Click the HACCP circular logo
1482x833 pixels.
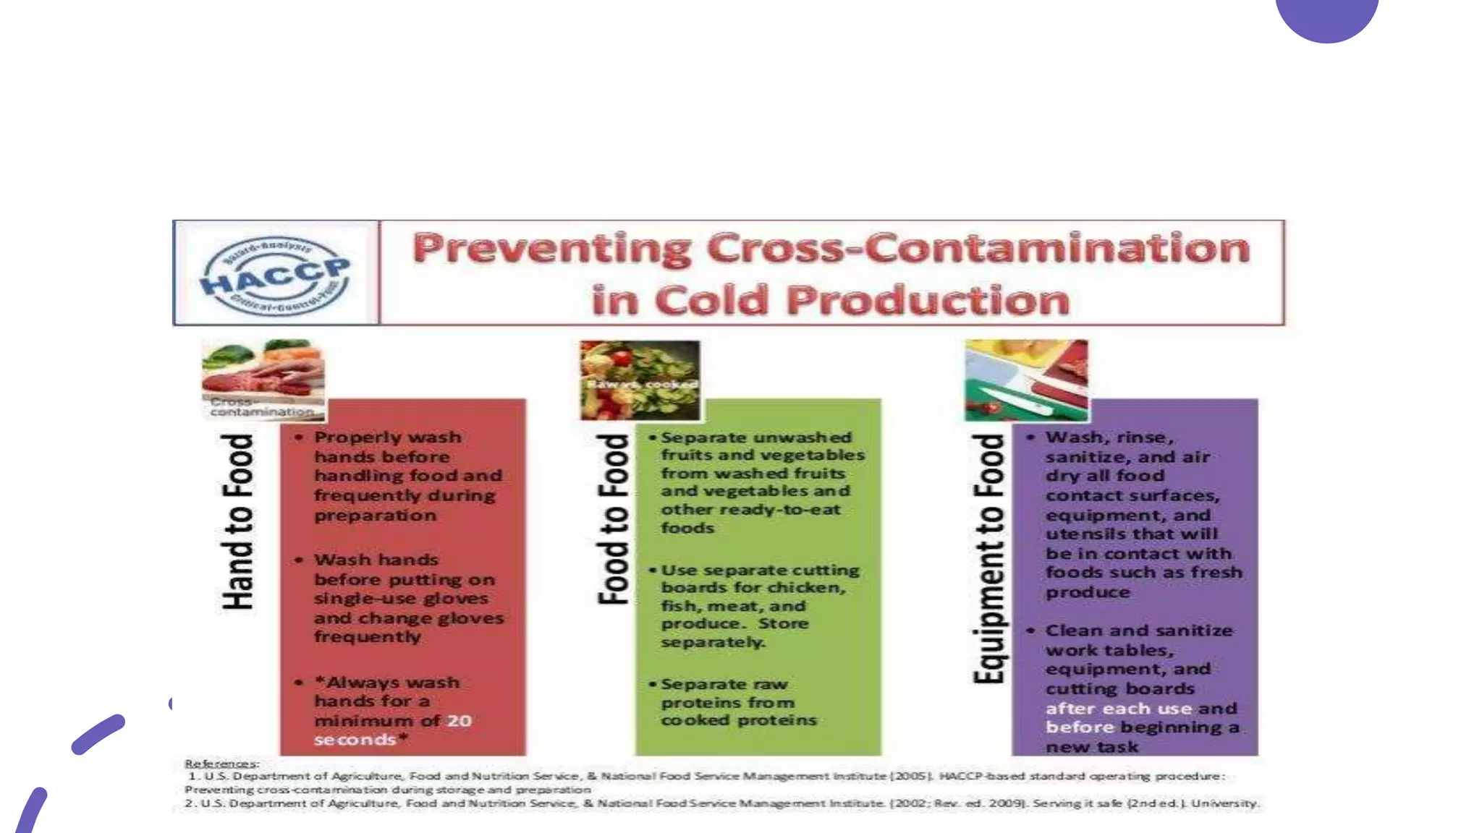[276, 275]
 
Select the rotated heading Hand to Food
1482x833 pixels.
[238, 521]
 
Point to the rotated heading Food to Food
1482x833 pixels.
[614, 519]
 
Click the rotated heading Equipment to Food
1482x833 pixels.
[989, 558]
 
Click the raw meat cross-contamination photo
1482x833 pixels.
[263, 380]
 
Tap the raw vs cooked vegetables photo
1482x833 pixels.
[640, 380]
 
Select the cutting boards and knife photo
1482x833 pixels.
[1026, 380]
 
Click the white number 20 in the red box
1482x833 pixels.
[459, 721]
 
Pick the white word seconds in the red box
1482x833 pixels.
[355, 740]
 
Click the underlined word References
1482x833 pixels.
[221, 764]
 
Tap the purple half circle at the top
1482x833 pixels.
[1326, 18]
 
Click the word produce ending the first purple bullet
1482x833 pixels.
[1088, 592]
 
